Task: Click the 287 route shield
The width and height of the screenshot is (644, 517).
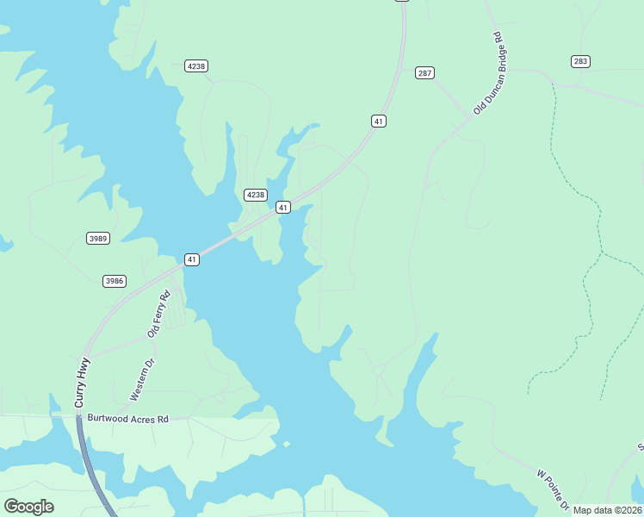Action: (x=424, y=73)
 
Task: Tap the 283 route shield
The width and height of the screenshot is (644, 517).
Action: (x=579, y=61)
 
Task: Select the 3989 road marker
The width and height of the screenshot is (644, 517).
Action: (x=98, y=238)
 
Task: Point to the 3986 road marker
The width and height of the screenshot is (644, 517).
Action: (x=114, y=281)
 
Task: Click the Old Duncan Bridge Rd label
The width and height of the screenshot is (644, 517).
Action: (x=487, y=74)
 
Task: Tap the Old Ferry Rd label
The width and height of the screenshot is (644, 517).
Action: (x=159, y=314)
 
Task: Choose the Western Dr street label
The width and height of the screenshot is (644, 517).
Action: (x=141, y=380)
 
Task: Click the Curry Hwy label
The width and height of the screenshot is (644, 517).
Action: (x=82, y=383)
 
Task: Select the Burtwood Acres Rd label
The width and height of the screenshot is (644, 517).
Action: (x=127, y=419)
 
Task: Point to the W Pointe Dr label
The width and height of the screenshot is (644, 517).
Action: (x=553, y=487)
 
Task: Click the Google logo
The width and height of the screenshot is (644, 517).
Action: (x=28, y=507)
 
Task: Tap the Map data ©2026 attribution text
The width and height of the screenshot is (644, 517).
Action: (x=607, y=510)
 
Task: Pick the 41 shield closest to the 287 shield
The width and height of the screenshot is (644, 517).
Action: (x=379, y=121)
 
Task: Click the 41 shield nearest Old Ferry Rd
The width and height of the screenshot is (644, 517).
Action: (x=191, y=259)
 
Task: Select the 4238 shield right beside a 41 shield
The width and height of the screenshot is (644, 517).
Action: (x=256, y=195)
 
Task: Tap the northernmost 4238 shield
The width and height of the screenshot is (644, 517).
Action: (x=196, y=66)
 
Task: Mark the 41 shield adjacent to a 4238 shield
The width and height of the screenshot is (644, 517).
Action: (x=282, y=208)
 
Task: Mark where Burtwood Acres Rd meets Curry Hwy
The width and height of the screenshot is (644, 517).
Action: (x=77, y=417)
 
